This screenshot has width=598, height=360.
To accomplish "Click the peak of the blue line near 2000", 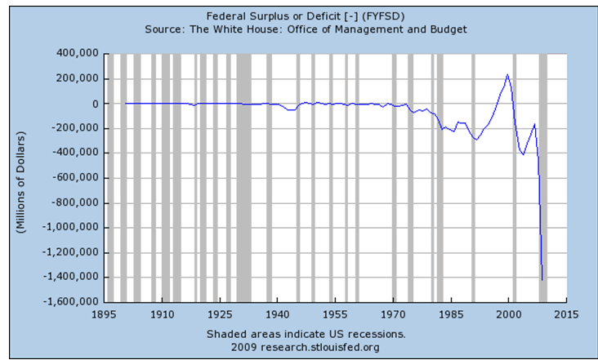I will coord(507,75).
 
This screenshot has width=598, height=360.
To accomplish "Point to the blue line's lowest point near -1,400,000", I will coord(542,280).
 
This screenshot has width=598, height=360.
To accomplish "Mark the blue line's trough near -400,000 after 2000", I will coord(524,154).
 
